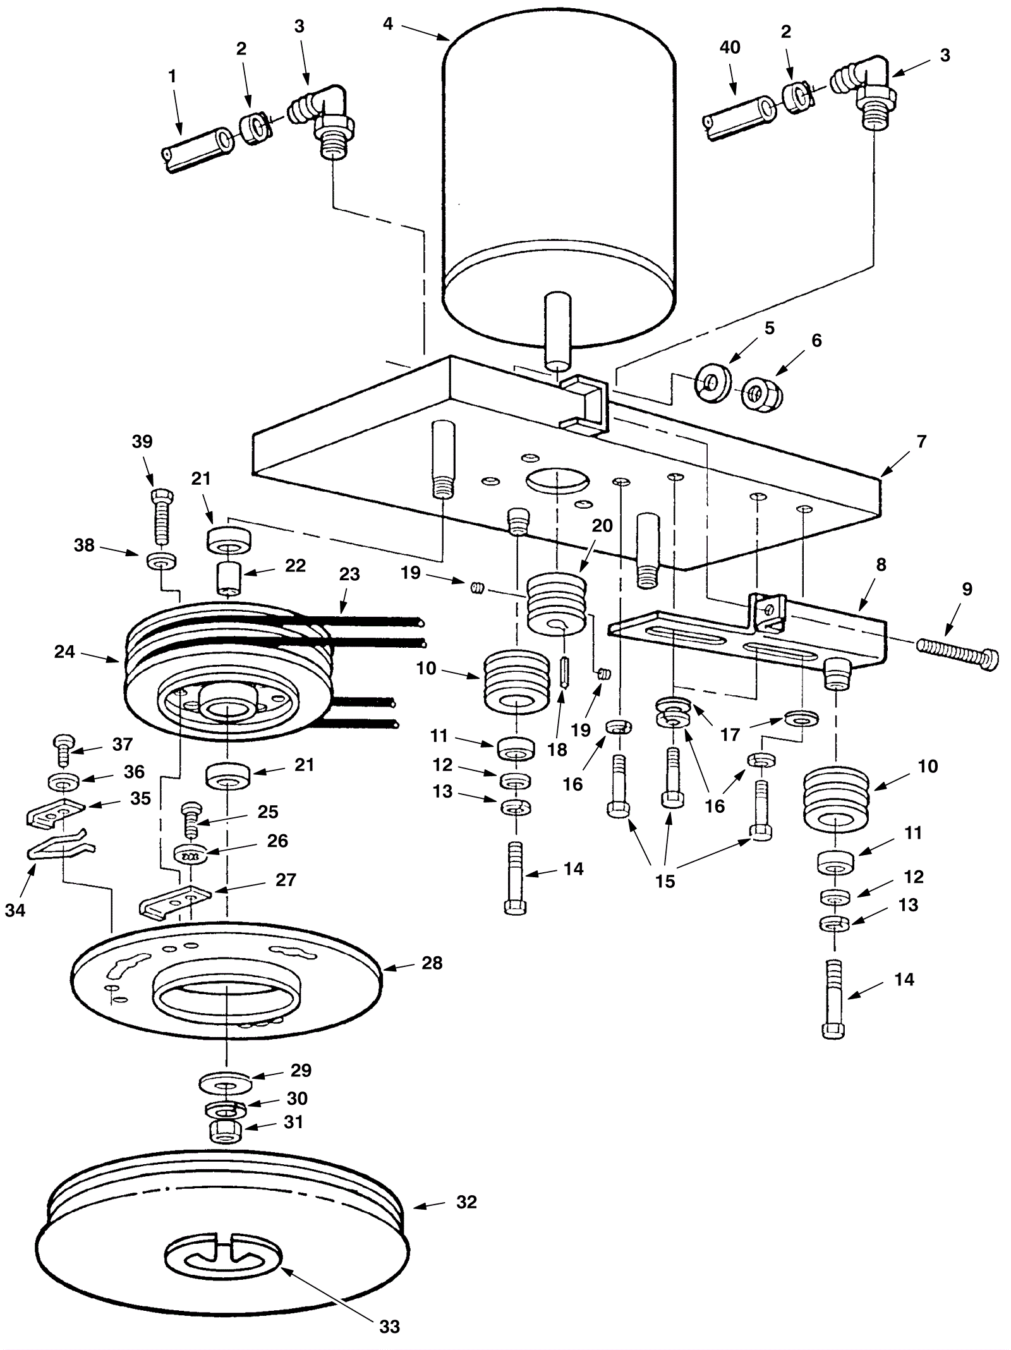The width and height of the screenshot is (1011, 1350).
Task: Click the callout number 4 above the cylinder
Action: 387,24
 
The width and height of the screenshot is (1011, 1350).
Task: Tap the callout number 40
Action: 730,48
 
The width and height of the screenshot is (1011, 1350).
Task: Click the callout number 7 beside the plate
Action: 922,441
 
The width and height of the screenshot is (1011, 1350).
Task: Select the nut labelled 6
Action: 762,394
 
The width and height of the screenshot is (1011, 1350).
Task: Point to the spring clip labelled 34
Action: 60,846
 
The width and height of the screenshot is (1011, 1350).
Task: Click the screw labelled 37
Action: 64,749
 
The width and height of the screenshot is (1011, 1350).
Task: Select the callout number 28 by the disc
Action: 432,963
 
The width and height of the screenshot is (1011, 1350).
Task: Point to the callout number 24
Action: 64,652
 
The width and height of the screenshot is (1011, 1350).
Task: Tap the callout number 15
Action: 665,881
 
